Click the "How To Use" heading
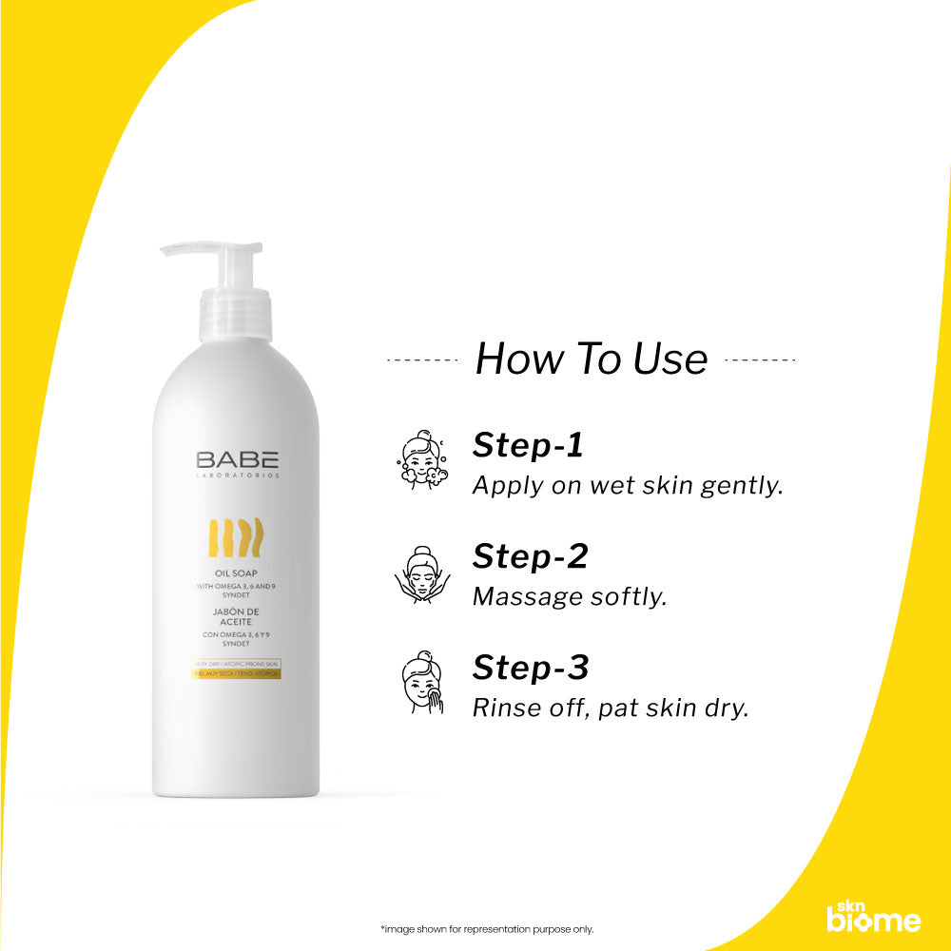point(591,359)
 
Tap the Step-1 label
point(529,445)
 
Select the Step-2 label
point(530,556)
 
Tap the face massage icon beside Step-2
point(420,574)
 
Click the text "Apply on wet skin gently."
point(628,485)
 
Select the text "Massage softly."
point(570,596)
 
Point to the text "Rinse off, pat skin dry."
point(611,708)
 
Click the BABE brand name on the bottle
point(238,459)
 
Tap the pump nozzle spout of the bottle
point(185,249)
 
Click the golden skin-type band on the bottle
point(238,673)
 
